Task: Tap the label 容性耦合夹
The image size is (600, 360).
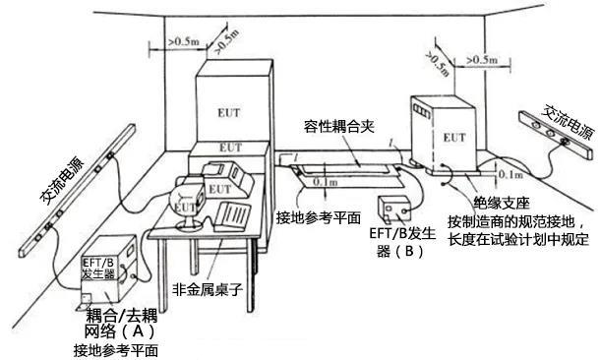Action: pyautogui.click(x=334, y=128)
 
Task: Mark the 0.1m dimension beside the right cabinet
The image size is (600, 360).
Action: pyautogui.click(x=510, y=173)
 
